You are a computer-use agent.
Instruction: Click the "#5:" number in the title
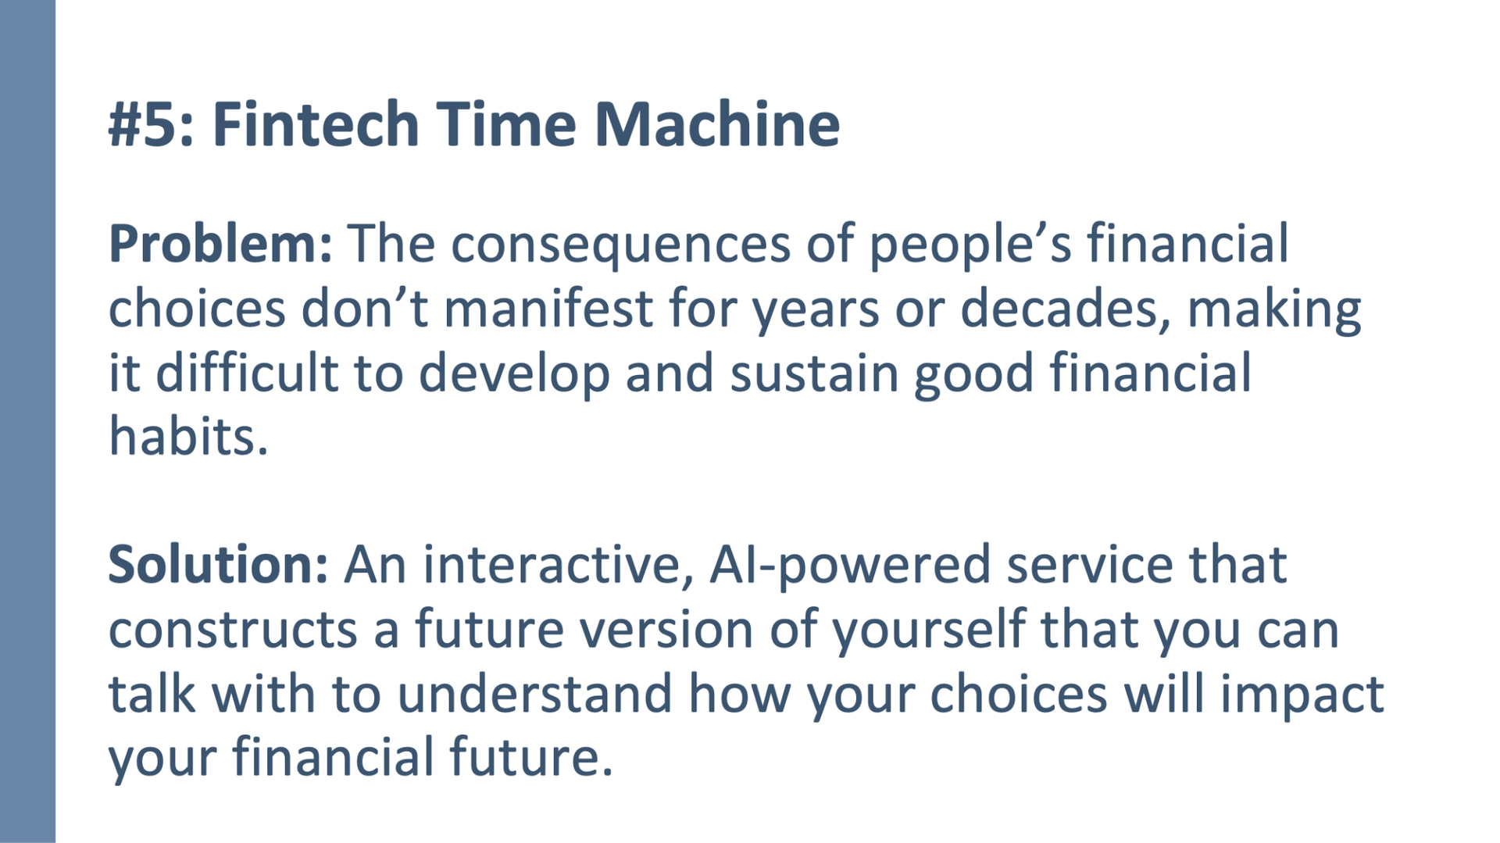[x=152, y=123]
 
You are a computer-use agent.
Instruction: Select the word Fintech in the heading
[x=316, y=123]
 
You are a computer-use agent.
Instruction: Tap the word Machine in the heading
[x=717, y=123]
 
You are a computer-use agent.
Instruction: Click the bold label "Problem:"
[x=220, y=244]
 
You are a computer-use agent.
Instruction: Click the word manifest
[x=548, y=308]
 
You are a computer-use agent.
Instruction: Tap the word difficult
[x=247, y=372]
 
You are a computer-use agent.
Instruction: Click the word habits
[x=188, y=436]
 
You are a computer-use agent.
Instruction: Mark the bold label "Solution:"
[x=218, y=564]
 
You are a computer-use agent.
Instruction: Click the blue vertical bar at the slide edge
[x=27, y=421]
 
